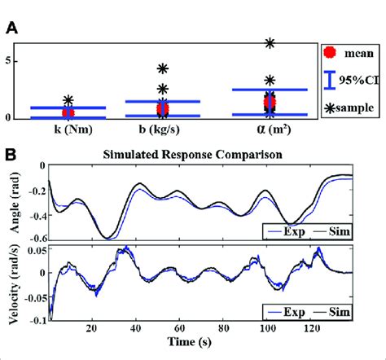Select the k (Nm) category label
pos(69,129)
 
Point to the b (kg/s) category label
pos(163,129)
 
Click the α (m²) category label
pos(270,129)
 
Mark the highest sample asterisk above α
pos(270,42)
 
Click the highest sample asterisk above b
pos(163,69)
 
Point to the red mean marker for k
pos(68,112)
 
